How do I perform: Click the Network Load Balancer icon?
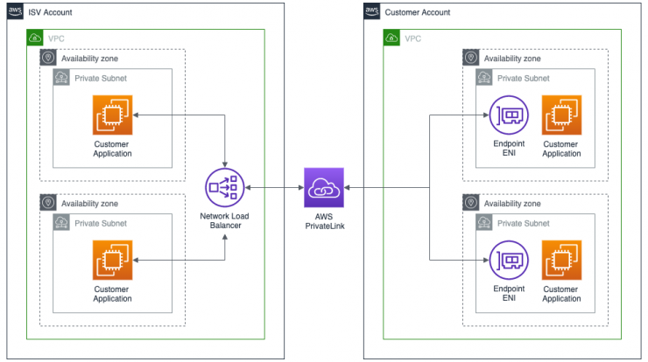(x=225, y=187)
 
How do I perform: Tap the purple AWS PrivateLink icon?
(x=324, y=187)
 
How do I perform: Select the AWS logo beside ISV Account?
(x=15, y=11)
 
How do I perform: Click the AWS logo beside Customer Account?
(x=371, y=11)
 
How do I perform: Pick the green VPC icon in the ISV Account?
(x=35, y=38)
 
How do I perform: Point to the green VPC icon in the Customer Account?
(x=391, y=38)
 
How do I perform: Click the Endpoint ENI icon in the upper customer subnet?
(x=509, y=115)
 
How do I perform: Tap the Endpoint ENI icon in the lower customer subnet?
(x=509, y=260)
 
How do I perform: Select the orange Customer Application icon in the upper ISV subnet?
(x=112, y=115)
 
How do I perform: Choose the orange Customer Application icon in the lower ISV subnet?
(x=112, y=260)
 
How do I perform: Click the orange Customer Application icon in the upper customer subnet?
(x=561, y=115)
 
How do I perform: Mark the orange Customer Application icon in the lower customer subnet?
(x=561, y=260)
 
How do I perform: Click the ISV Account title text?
(x=50, y=12)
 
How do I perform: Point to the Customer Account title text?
(x=418, y=12)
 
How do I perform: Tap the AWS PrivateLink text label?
(x=324, y=221)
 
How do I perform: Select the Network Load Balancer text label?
(x=225, y=221)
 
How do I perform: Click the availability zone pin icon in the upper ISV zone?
(x=48, y=58)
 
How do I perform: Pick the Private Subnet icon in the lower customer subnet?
(x=484, y=222)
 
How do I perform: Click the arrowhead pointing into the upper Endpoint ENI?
(x=486, y=115)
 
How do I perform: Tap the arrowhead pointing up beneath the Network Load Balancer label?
(x=225, y=237)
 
